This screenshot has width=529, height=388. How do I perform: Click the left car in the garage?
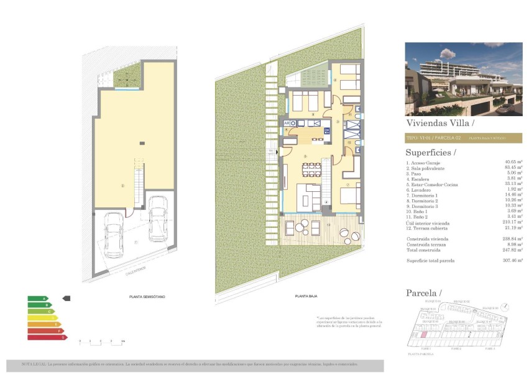click(114, 235)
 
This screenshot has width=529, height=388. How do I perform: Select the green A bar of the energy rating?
click(37, 299)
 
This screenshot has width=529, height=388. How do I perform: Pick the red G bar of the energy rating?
click(47, 337)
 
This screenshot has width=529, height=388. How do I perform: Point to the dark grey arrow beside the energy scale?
click(67, 299)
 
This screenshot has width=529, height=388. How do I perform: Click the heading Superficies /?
click(430, 152)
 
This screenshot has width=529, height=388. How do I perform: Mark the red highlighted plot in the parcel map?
click(425, 334)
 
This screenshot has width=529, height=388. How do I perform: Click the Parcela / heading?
click(423, 292)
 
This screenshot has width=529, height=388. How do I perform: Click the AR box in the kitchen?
click(287, 124)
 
